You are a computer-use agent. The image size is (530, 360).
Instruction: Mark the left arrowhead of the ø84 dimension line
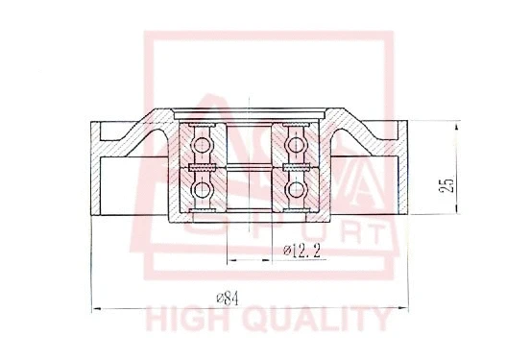point(94,307)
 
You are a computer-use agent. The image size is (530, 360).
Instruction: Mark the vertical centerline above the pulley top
point(248,97)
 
